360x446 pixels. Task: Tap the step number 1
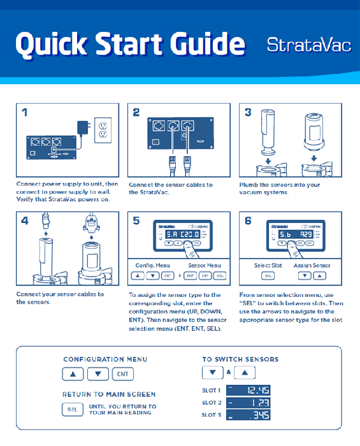[x=24, y=113]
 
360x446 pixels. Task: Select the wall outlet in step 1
[x=102, y=130]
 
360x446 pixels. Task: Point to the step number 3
[x=248, y=113]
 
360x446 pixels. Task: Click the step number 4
[x=24, y=221]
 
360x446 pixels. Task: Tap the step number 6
[x=248, y=221]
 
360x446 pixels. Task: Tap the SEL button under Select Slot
[x=267, y=276]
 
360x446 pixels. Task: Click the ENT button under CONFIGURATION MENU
[x=122, y=375]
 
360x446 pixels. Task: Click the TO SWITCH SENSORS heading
[x=240, y=359]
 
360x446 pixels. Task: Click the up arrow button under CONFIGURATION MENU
[x=73, y=375]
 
